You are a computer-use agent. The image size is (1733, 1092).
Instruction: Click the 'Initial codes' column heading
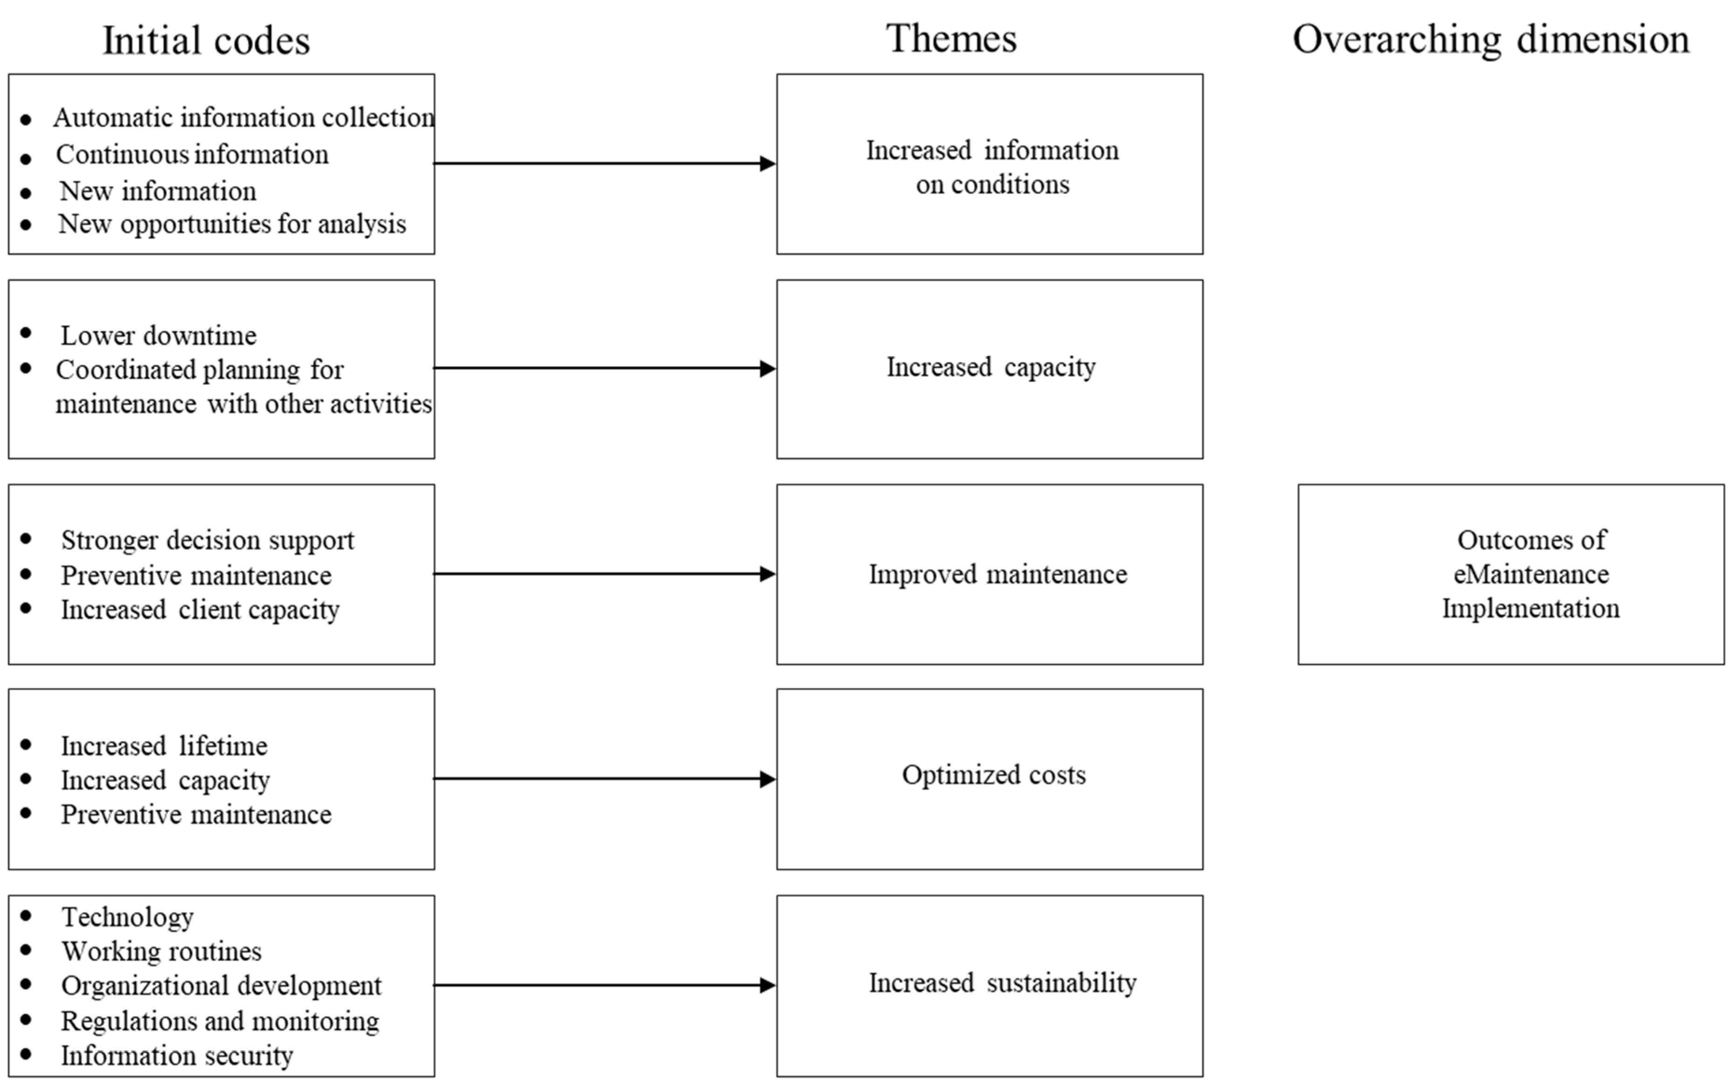[206, 40]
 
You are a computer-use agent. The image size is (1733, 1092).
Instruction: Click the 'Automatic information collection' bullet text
[243, 117]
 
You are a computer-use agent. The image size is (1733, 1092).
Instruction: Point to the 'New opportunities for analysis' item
[232, 224]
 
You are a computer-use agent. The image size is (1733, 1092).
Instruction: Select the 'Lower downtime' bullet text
[158, 335]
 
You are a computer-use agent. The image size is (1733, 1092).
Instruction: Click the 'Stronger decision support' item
[207, 539]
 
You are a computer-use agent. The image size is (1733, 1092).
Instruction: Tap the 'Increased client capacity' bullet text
[199, 609]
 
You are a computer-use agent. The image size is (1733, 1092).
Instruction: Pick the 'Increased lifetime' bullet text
[164, 745]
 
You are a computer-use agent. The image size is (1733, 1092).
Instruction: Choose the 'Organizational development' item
[221, 985]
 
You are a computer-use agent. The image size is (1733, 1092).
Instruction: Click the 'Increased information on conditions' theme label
[992, 167]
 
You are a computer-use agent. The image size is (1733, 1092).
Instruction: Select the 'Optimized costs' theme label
[993, 775]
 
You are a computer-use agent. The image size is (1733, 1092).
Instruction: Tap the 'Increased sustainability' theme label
[1002, 983]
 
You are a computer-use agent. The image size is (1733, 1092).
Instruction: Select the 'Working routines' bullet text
[161, 951]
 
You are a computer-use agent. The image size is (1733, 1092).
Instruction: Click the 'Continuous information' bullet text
[192, 154]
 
